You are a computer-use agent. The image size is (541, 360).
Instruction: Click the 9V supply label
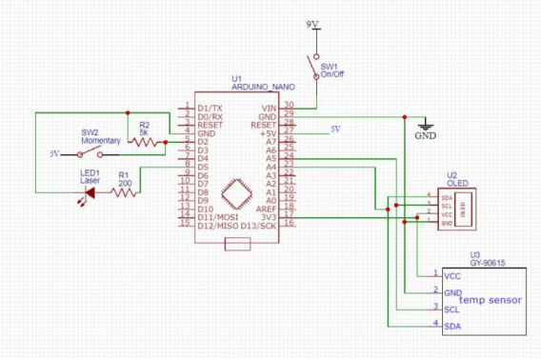coord(312,22)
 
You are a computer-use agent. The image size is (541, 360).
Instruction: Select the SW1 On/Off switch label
coord(330,70)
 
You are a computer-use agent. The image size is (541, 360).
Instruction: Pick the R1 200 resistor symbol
coord(124,192)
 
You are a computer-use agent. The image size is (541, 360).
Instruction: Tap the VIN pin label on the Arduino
coord(269,108)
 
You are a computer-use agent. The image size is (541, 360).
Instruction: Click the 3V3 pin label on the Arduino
coord(269,216)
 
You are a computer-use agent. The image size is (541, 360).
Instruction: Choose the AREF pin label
coord(267,209)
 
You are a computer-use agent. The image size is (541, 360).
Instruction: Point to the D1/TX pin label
coord(210,108)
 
